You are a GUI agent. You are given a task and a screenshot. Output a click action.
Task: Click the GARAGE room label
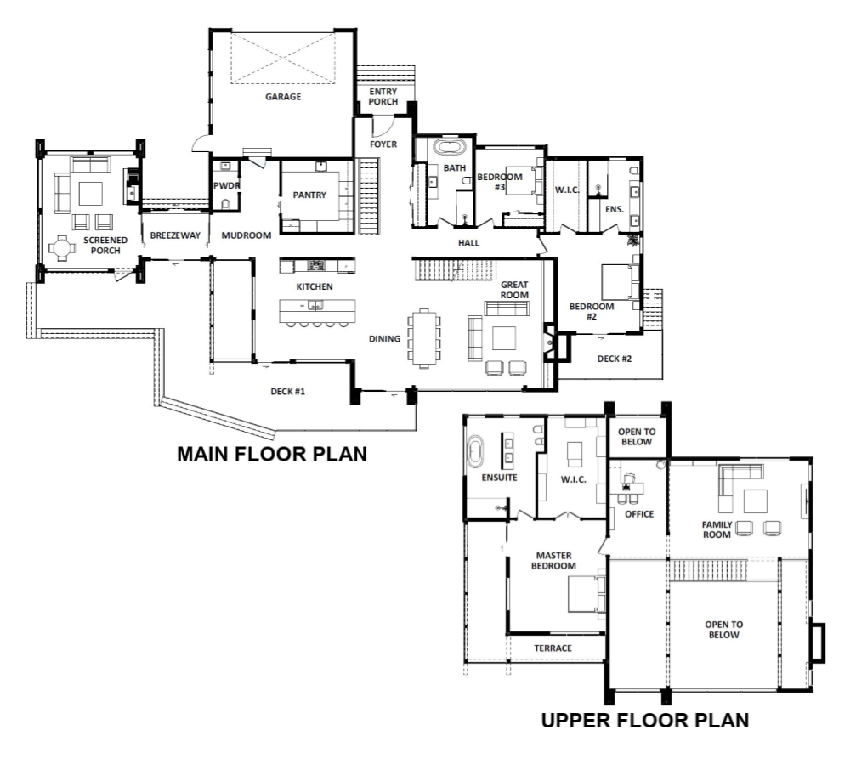pyautogui.click(x=283, y=97)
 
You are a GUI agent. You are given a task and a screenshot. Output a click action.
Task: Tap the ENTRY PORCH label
pyautogui.click(x=383, y=97)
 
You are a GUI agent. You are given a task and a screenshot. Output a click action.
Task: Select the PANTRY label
pyautogui.click(x=309, y=195)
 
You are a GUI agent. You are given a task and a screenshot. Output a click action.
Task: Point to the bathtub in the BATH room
pyautogui.click(x=450, y=147)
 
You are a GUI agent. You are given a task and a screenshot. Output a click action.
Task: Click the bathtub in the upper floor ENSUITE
pyautogui.click(x=475, y=452)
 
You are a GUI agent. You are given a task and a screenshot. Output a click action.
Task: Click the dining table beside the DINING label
pyautogui.click(x=424, y=338)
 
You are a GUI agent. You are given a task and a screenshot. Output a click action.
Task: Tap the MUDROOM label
pyautogui.click(x=247, y=235)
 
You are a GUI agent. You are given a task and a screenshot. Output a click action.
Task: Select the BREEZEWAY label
pyautogui.click(x=175, y=235)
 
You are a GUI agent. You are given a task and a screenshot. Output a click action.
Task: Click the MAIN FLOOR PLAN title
pyautogui.click(x=272, y=454)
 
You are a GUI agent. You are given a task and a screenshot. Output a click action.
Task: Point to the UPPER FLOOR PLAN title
pyautogui.click(x=644, y=721)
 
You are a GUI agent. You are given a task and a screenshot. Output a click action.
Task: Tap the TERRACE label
pyautogui.click(x=553, y=648)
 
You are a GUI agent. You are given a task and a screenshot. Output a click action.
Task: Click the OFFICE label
pyautogui.click(x=639, y=514)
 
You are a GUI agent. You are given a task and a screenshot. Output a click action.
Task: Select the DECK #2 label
pyautogui.click(x=614, y=359)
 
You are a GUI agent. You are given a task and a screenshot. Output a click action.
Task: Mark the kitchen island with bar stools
pyautogui.click(x=317, y=313)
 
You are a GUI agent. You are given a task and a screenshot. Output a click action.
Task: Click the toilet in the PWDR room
pyautogui.click(x=225, y=204)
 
